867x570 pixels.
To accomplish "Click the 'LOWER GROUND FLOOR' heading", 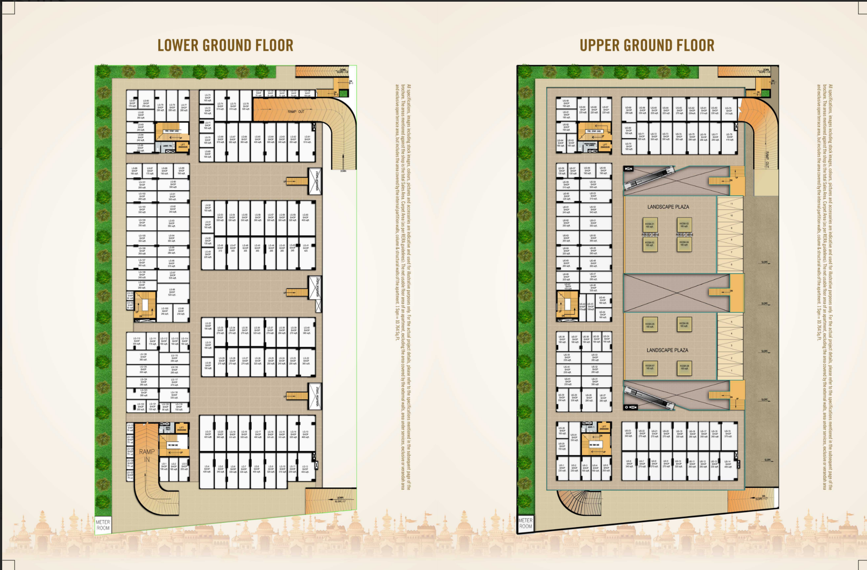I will point(225,46).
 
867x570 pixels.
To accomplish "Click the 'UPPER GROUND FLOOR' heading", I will point(647,46).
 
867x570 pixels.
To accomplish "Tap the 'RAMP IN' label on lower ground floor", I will point(147,455).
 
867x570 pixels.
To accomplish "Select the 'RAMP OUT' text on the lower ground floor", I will point(296,112).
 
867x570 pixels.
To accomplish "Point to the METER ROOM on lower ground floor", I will point(103,524).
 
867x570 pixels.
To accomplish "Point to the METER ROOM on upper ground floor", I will point(525,523).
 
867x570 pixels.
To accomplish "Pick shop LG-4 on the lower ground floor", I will point(207,469).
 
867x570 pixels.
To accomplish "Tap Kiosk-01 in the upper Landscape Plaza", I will point(650,225).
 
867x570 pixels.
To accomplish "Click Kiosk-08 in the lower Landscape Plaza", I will point(684,368).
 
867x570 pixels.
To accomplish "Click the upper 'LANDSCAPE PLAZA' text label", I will point(668,206).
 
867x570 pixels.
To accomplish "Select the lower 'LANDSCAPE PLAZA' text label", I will point(668,350).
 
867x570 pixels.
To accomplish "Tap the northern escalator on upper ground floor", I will point(649,178).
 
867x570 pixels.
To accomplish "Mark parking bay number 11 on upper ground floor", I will point(731,204).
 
